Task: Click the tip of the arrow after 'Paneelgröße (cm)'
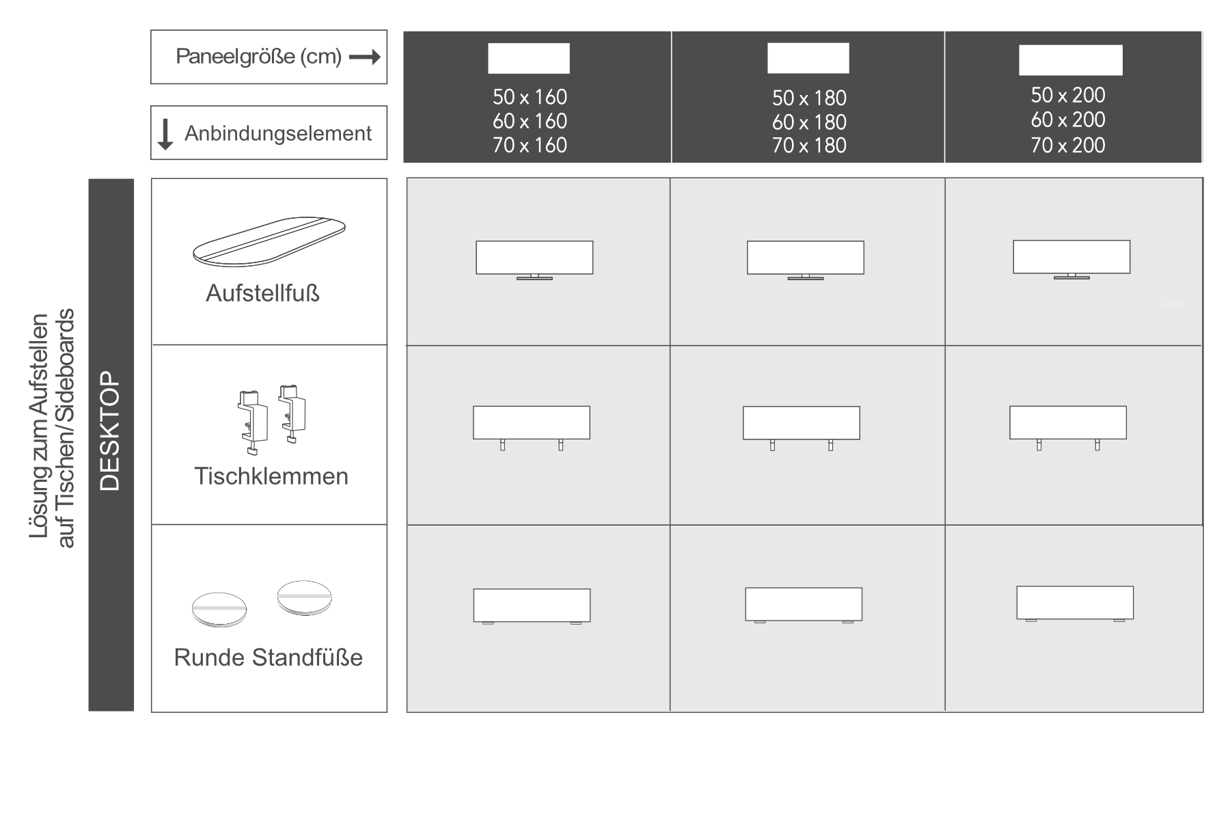(381, 57)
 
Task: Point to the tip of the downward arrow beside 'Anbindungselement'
(165, 150)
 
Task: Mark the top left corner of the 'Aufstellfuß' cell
(152, 179)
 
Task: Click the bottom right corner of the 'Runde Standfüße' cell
(387, 711)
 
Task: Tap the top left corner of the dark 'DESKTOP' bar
(89, 180)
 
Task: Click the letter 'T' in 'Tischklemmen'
(201, 476)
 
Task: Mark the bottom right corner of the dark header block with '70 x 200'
(1201, 162)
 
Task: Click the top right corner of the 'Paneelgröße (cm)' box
(387, 30)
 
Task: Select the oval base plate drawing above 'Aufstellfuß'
(269, 241)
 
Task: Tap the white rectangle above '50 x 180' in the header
(808, 58)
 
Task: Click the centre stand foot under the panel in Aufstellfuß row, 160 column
(534, 277)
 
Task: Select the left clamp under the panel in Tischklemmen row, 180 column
(772, 445)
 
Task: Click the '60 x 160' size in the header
(530, 121)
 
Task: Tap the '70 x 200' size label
(1068, 145)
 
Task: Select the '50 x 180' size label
(809, 98)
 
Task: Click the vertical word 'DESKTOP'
(110, 431)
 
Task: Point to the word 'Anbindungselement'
(278, 133)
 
